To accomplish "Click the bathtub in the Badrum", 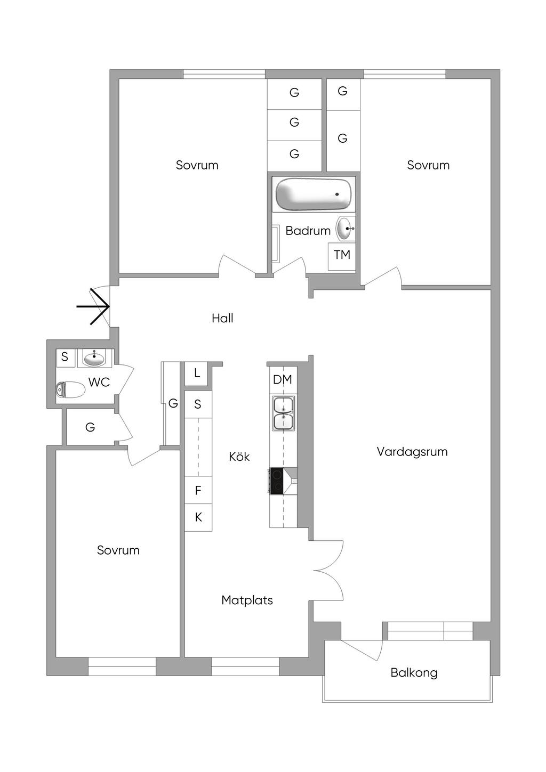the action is [x=314, y=194].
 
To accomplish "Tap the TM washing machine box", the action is [x=341, y=256].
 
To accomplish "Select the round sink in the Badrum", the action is [x=346, y=228].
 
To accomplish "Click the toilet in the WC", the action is [x=70, y=390].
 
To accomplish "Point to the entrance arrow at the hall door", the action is [x=93, y=306].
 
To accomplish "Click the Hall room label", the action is [x=222, y=318].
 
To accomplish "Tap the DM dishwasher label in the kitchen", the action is [x=283, y=379].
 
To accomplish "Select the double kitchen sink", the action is [x=284, y=413].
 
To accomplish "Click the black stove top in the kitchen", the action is [x=277, y=481].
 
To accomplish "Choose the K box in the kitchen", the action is [x=198, y=517].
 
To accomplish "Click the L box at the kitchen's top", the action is [x=196, y=373].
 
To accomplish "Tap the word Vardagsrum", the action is [x=412, y=452].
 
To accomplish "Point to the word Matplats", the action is [x=247, y=600].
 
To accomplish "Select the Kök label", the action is [x=239, y=457].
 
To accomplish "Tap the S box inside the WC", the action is [x=65, y=357].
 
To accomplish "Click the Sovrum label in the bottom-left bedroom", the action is [x=118, y=550].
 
